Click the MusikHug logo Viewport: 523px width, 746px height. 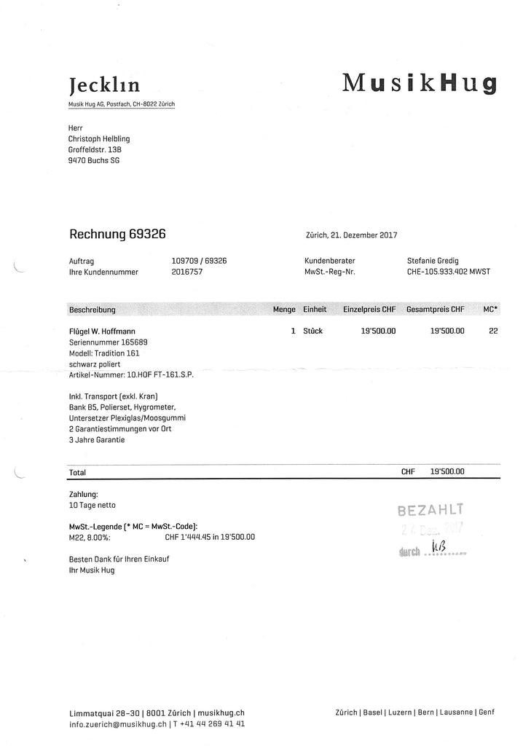pyautogui.click(x=420, y=83)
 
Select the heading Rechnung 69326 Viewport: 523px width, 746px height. pyautogui.click(x=117, y=234)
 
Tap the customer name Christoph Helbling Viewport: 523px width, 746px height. pyautogui.click(x=99, y=138)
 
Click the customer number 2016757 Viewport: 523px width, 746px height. pyautogui.click(x=187, y=272)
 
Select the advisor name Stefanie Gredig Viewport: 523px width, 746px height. pyautogui.click(x=437, y=260)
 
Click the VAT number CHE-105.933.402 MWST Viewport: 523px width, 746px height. pyautogui.click(x=449, y=272)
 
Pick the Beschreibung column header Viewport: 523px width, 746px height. pyautogui.click(x=93, y=310)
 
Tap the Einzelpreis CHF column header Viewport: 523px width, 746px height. pyautogui.click(x=369, y=310)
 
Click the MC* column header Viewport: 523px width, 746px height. pyautogui.click(x=490, y=310)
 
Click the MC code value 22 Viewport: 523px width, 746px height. pyautogui.click(x=493, y=331)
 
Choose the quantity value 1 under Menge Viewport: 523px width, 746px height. pyautogui.click(x=293, y=331)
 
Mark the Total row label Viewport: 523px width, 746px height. pyautogui.click(x=77, y=472)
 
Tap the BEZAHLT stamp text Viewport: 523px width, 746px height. pyautogui.click(x=430, y=509)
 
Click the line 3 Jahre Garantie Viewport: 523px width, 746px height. pyautogui.click(x=97, y=440)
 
